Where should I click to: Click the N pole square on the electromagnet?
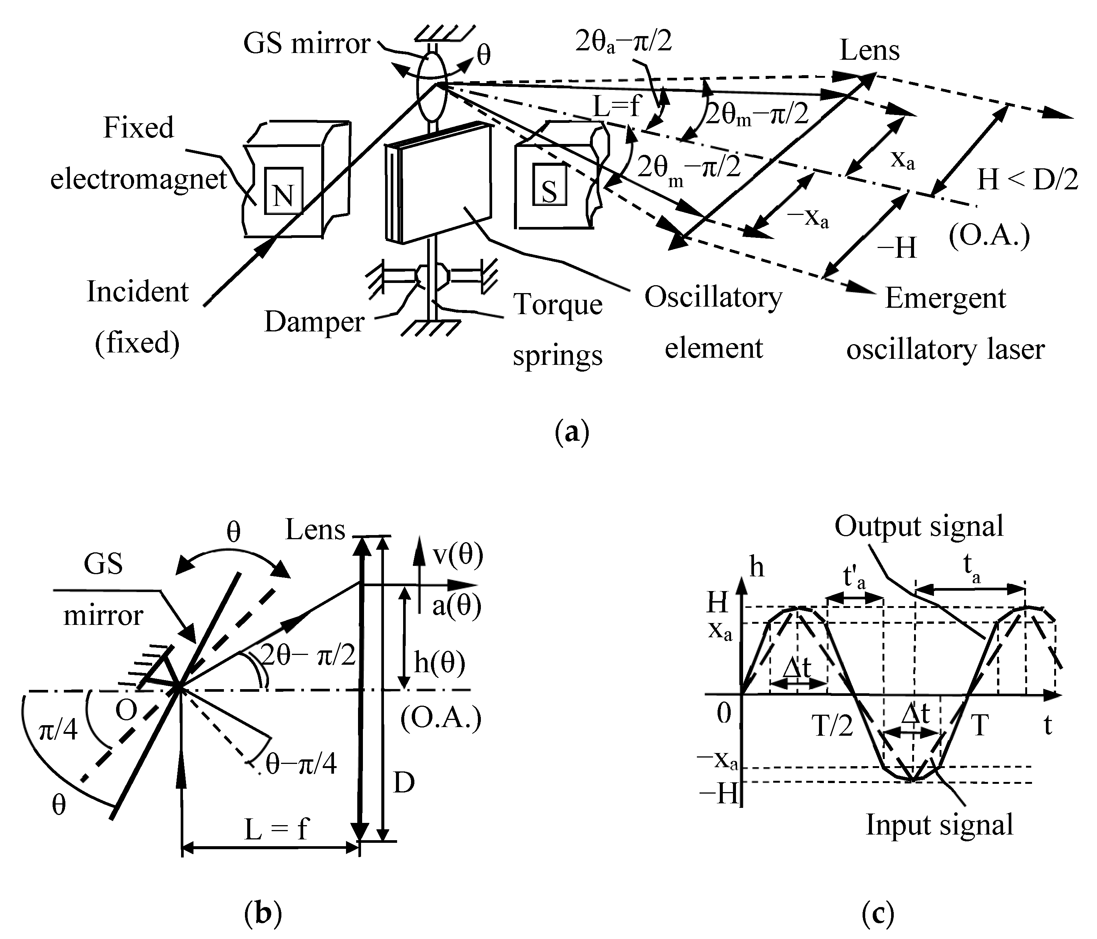[x=284, y=191]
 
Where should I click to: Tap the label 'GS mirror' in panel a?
[x=307, y=44]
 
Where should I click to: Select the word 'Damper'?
[x=314, y=322]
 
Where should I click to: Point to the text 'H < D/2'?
[x=1027, y=180]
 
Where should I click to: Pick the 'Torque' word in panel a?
[x=558, y=304]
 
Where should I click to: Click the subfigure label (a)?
[x=572, y=433]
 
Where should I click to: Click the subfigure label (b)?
[x=263, y=913]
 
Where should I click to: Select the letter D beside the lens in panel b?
[x=403, y=782]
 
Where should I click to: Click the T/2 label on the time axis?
[x=832, y=725]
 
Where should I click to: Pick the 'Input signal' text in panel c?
[x=939, y=825]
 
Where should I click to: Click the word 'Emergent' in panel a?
[x=945, y=298]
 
